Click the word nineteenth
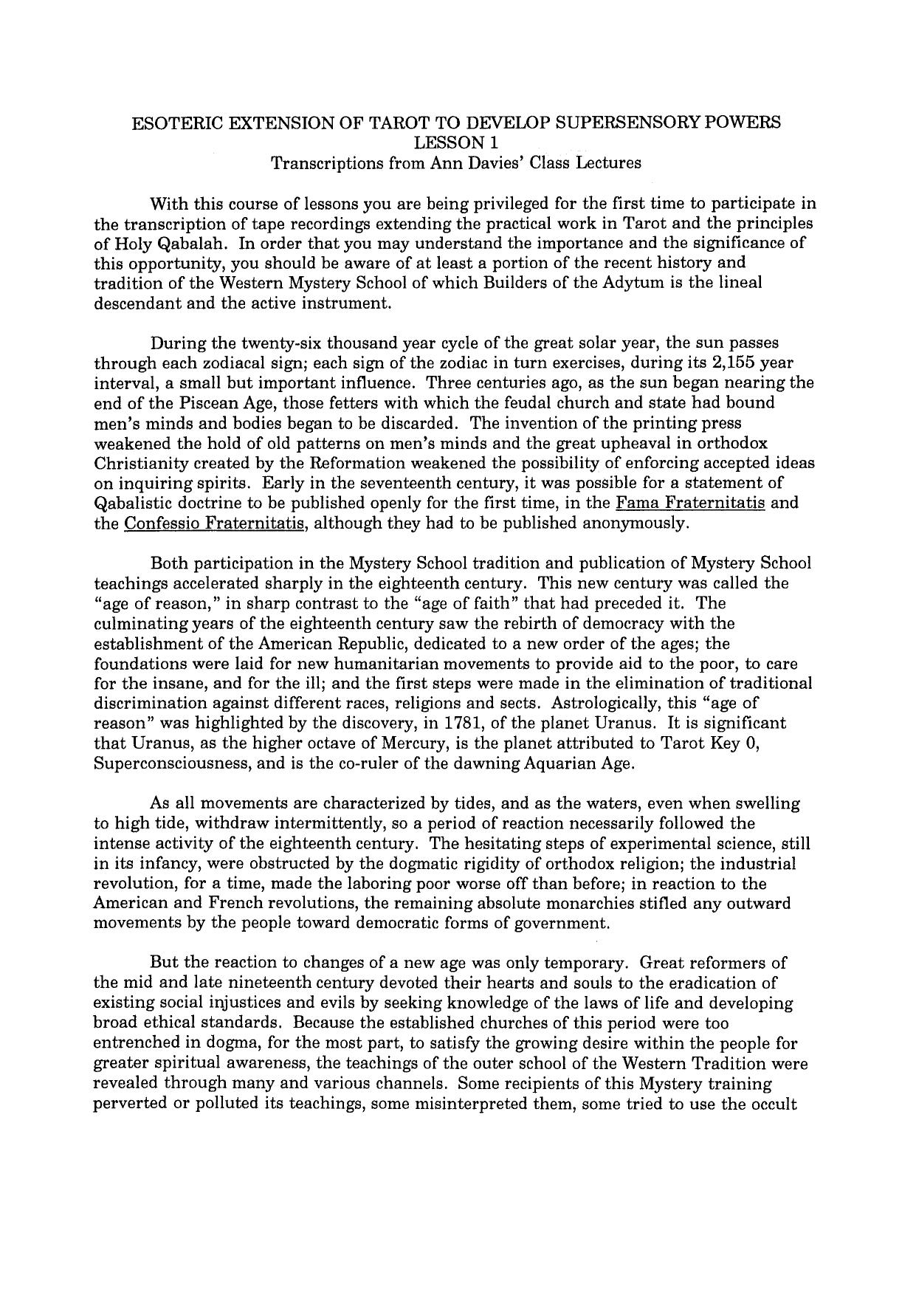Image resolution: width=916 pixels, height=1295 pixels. [x=257, y=983]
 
